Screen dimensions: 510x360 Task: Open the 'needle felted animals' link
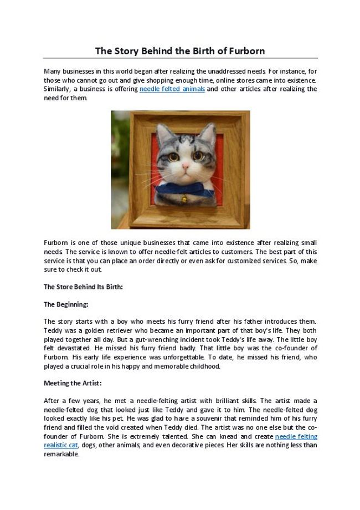[172, 89]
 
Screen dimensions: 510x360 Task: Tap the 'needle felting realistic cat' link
[296, 437]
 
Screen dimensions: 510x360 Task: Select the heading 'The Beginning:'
[66, 304]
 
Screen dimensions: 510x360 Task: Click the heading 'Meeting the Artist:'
[73, 383]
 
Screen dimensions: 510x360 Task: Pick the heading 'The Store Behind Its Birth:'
[83, 287]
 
